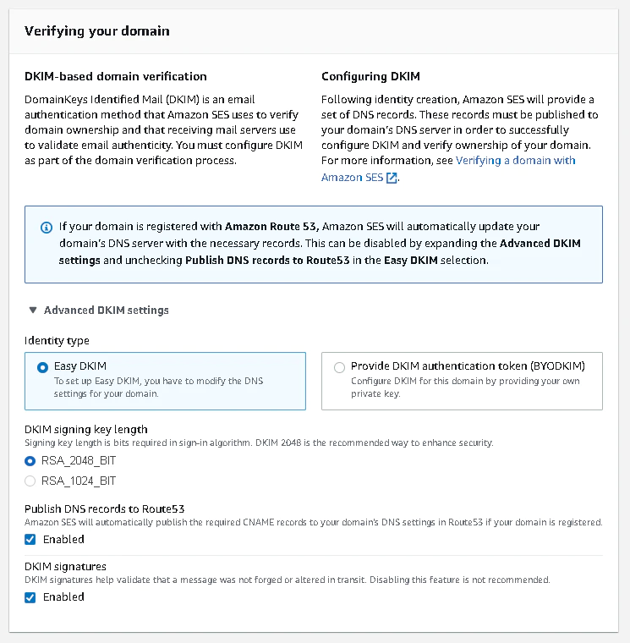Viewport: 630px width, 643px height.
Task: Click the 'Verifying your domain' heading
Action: [97, 31]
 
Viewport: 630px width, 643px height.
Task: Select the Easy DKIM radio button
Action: [43, 367]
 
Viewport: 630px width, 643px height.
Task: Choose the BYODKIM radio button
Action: [340, 367]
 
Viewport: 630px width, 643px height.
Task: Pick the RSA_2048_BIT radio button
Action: [30, 461]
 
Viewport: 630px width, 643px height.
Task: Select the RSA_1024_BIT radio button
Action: [30, 481]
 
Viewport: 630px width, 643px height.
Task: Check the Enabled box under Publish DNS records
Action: [30, 540]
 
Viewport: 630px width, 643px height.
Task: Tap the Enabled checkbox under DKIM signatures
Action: [30, 597]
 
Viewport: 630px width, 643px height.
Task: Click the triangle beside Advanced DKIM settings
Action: [32, 311]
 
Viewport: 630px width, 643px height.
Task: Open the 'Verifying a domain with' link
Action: [516, 160]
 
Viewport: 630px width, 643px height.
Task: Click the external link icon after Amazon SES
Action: [392, 178]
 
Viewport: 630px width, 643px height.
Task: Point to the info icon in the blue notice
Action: [46, 228]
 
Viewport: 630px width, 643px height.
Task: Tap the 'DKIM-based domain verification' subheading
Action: [116, 76]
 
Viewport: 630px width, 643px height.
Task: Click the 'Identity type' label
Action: [57, 341]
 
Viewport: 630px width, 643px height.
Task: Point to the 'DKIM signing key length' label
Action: [86, 430]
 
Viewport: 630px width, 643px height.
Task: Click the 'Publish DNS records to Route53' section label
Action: [105, 508]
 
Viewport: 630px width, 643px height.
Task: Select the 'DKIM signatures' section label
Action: [66, 566]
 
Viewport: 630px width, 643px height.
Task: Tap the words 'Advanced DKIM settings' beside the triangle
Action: [107, 311]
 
